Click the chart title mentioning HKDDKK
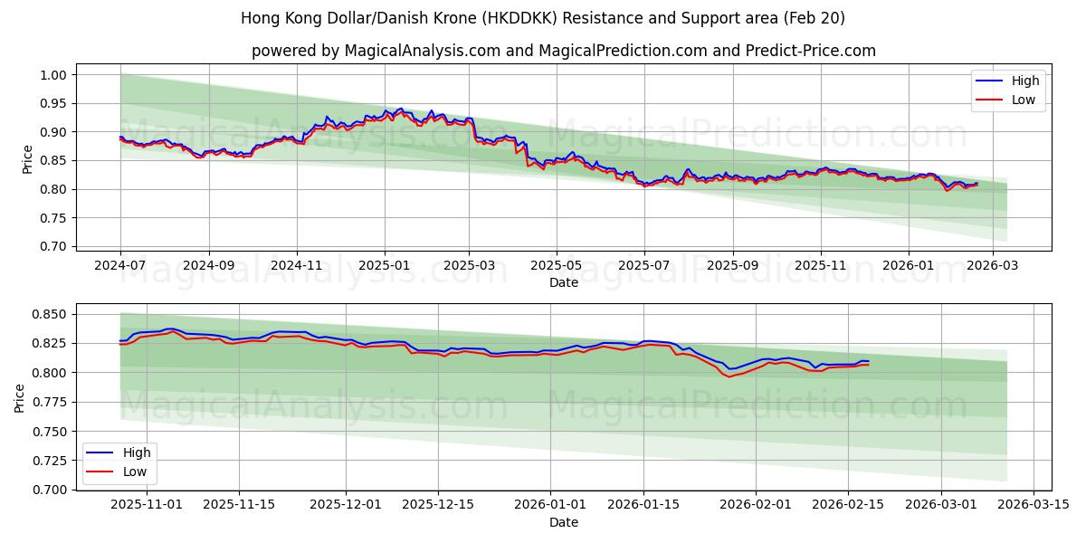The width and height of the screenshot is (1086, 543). [543, 18]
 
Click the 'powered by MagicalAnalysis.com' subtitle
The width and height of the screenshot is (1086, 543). [563, 51]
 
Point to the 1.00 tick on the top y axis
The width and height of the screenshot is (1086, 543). [55, 75]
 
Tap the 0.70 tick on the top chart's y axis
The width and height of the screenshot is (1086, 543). [55, 246]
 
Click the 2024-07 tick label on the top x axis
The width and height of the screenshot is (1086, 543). [120, 266]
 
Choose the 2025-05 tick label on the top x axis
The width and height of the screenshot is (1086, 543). [556, 266]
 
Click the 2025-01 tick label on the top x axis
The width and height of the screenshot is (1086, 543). [385, 266]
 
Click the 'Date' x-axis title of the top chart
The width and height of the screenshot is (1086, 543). [563, 282]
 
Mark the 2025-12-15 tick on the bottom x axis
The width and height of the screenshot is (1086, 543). [438, 505]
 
